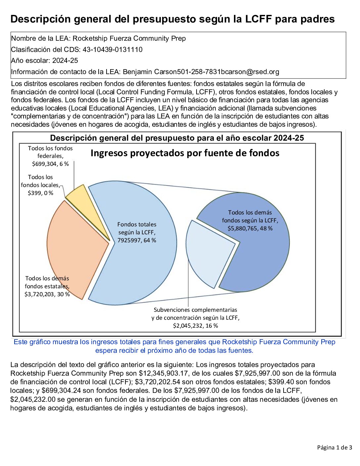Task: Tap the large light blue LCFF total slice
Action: [x=146, y=265]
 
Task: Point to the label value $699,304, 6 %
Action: [x=50, y=164]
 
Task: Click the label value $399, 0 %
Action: [x=40, y=193]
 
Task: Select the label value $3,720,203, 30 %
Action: [x=47, y=294]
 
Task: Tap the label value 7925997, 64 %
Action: [x=137, y=240]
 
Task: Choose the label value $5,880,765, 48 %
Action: [x=250, y=228]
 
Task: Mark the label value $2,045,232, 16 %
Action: [x=195, y=326]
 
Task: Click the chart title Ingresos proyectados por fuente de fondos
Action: [x=185, y=153]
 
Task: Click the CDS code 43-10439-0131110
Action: [x=112, y=50]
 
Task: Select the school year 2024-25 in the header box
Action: [x=65, y=61]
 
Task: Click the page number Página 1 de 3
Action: [x=334, y=448]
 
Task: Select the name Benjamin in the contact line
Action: [x=138, y=72]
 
